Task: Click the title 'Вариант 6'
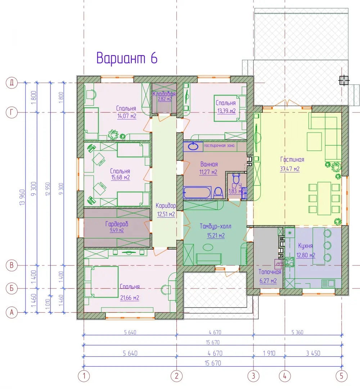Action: (127, 58)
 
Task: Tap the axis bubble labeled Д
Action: (12, 82)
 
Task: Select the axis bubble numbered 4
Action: (285, 376)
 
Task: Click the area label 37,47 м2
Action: (289, 169)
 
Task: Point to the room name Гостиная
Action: (292, 160)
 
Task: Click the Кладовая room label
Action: (164, 94)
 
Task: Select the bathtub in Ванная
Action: (197, 192)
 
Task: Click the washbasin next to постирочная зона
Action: (193, 146)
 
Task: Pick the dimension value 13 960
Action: (22, 197)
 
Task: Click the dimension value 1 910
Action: (269, 353)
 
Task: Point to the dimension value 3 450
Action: (313, 353)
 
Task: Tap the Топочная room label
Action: (270, 272)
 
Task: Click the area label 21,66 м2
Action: (130, 298)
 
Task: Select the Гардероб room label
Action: (117, 224)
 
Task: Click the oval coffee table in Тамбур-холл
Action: (208, 247)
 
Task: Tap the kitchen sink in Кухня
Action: (328, 283)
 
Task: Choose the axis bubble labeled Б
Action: (12, 288)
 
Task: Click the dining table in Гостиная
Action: (324, 198)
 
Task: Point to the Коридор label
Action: (166, 206)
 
